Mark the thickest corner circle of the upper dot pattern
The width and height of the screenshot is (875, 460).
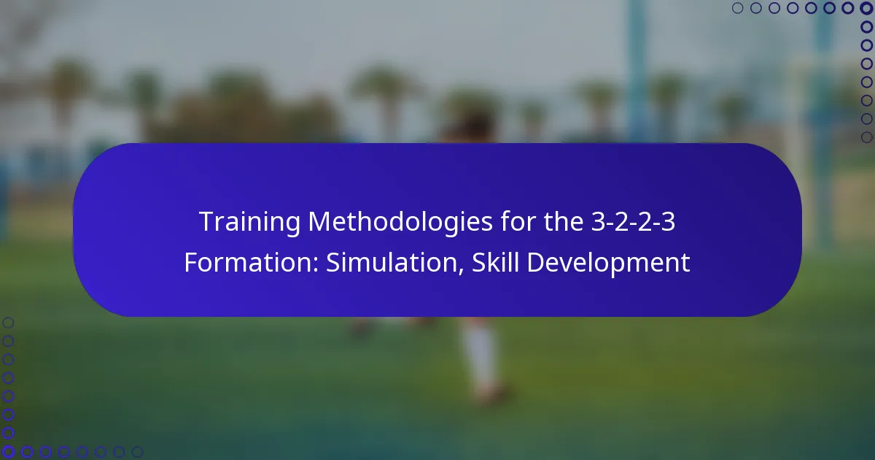click(866, 8)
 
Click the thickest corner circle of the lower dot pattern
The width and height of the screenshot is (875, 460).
click(8, 452)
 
